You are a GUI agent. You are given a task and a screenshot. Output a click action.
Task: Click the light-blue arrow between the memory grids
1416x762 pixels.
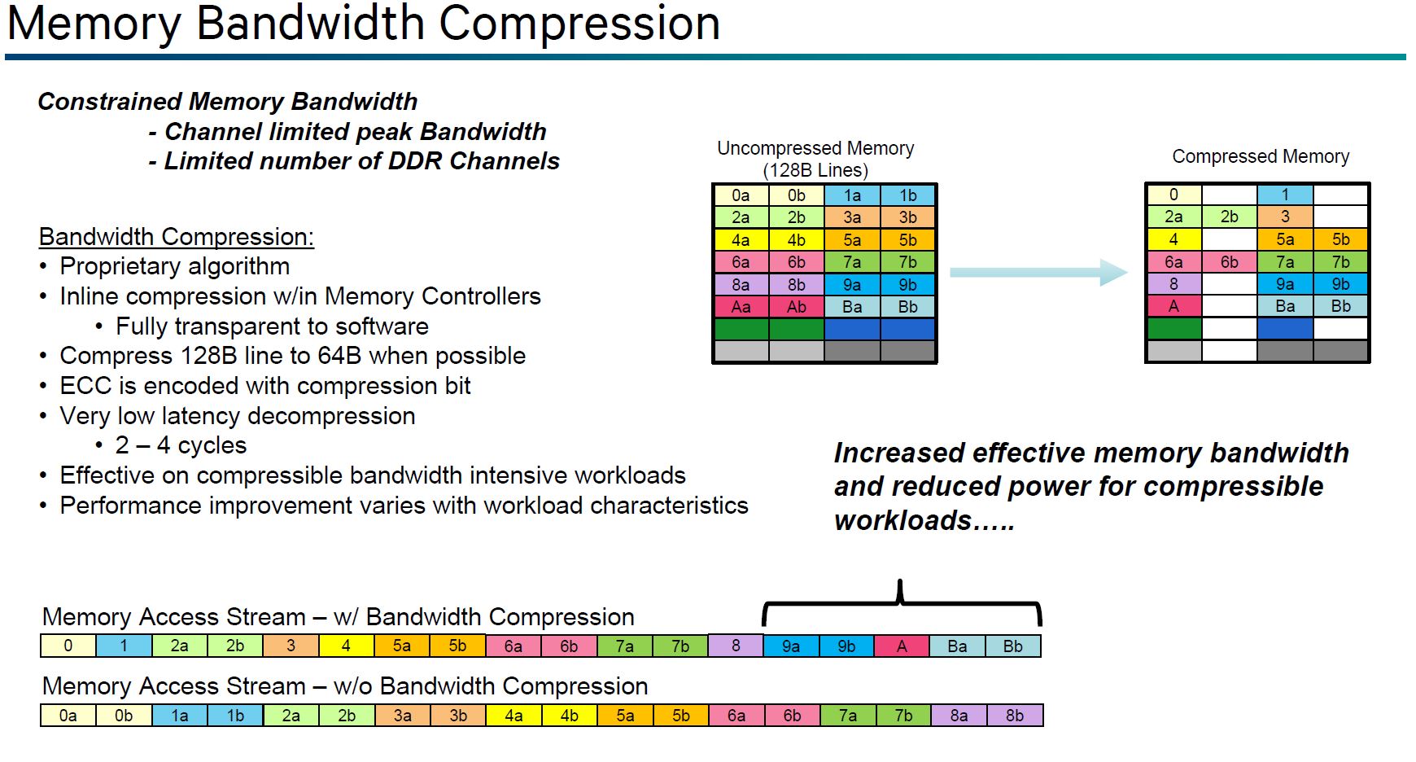(x=1038, y=273)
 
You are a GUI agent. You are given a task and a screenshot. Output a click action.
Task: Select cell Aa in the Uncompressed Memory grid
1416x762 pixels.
(x=741, y=307)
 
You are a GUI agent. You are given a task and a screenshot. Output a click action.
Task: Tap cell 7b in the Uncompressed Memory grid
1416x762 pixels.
(x=908, y=262)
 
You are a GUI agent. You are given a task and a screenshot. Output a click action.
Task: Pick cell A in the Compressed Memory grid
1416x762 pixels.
(x=1173, y=306)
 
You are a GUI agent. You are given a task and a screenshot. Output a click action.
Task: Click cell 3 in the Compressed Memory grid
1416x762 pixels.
(x=1285, y=217)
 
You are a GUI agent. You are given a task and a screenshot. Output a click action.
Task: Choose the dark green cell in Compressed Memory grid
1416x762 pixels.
(x=1173, y=328)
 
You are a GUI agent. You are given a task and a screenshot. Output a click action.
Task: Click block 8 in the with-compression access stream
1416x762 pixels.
(x=736, y=646)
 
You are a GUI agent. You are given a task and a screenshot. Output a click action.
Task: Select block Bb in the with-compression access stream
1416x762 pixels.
(x=1013, y=646)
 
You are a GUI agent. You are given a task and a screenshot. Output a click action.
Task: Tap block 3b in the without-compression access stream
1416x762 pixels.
(x=458, y=716)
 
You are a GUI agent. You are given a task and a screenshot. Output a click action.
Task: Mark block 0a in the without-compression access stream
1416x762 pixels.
(x=68, y=716)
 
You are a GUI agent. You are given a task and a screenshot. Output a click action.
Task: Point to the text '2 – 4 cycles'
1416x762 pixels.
(x=181, y=445)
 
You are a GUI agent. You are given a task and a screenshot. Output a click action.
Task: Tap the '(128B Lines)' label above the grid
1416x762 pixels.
(x=815, y=170)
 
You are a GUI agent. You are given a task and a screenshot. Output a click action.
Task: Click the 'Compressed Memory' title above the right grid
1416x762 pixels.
(x=1261, y=156)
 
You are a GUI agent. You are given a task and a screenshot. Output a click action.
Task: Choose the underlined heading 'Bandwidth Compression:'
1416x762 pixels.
(x=176, y=237)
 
